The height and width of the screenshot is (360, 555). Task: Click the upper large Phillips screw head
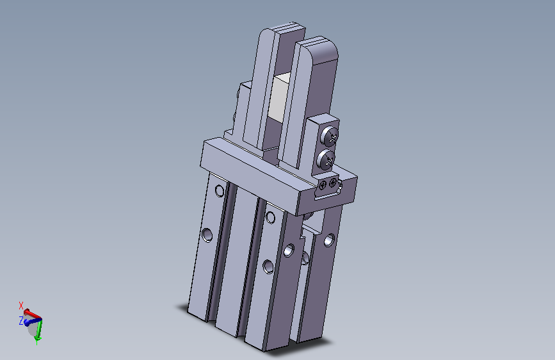click(x=330, y=136)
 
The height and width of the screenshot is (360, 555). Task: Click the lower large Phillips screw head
click(x=326, y=159)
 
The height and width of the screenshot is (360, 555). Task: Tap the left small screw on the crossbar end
click(x=323, y=185)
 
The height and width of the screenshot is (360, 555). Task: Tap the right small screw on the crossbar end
click(x=332, y=183)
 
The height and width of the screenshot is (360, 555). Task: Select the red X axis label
click(x=21, y=306)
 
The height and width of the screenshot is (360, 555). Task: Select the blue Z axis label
click(x=21, y=321)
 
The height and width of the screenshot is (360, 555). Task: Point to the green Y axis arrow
click(x=38, y=332)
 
